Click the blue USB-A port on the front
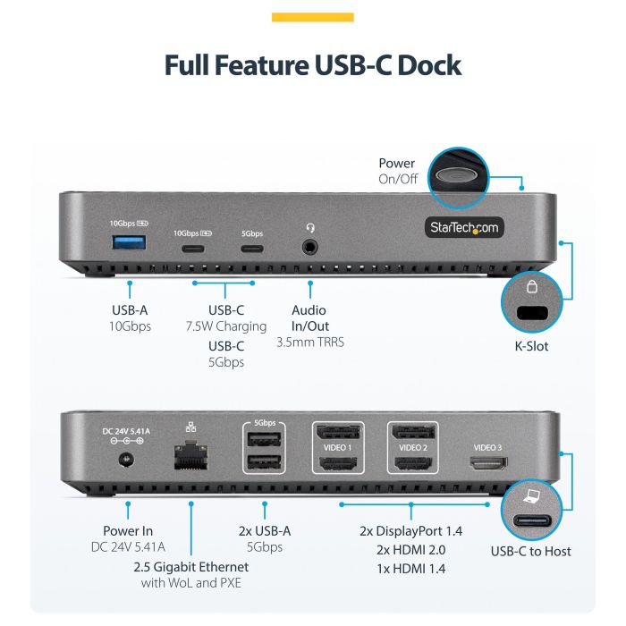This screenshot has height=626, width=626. coord(129,244)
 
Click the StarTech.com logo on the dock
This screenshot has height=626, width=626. coord(463,227)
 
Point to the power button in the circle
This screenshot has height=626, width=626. coord(462,174)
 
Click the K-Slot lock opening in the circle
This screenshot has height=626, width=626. coord(535,313)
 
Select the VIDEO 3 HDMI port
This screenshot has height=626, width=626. coord(487,464)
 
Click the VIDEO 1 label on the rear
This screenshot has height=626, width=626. coord(337,447)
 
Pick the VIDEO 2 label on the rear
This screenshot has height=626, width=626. coord(412,447)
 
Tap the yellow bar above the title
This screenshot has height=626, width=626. coord(313,17)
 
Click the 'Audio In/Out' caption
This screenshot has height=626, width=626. coord(310,318)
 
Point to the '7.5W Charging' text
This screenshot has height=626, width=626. coord(225,326)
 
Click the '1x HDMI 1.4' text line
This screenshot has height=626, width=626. coord(410,569)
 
